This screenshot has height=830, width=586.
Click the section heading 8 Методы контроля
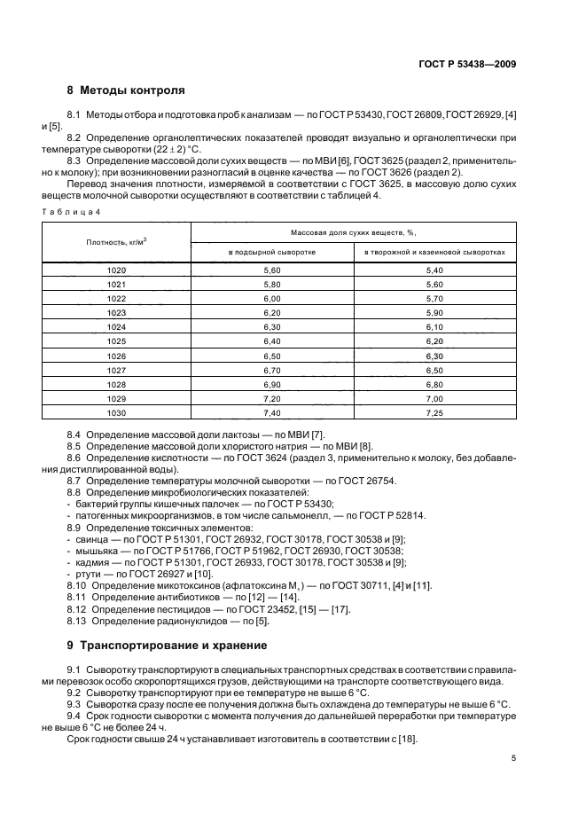[126, 90]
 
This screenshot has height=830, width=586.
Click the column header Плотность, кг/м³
[116, 242]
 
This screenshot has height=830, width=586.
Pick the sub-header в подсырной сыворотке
[271, 253]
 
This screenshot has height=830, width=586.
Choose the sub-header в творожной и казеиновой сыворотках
[434, 253]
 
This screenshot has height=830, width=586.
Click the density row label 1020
[116, 270]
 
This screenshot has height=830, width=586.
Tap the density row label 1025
[116, 341]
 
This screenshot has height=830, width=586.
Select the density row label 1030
[116, 412]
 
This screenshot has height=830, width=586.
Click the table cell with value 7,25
[434, 412]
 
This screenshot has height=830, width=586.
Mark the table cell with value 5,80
[271, 284]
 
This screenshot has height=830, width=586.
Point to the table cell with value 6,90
[271, 384]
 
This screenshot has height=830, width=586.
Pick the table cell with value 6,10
[434, 326]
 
